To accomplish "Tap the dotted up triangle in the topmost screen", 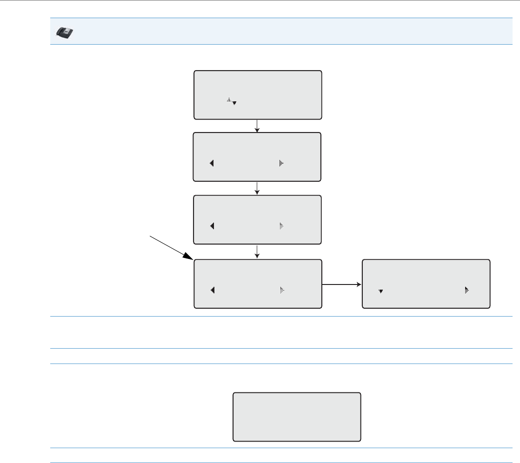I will tap(229, 99).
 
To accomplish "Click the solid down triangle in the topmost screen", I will tap(234, 103).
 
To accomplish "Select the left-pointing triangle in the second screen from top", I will tap(212, 163).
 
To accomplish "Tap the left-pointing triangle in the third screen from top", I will tap(212, 226).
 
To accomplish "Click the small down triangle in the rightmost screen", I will tap(380, 291).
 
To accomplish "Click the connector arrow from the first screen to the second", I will tap(257, 126).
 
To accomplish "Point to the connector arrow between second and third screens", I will tap(257, 188).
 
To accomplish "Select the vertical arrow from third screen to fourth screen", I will tap(257, 252).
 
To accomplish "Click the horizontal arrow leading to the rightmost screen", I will tap(342, 284).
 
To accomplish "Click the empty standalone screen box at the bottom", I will tap(297, 417).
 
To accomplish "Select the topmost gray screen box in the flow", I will tap(258, 95).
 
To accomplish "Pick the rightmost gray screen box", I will tap(426, 284).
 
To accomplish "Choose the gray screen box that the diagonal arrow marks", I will tap(258, 284).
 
